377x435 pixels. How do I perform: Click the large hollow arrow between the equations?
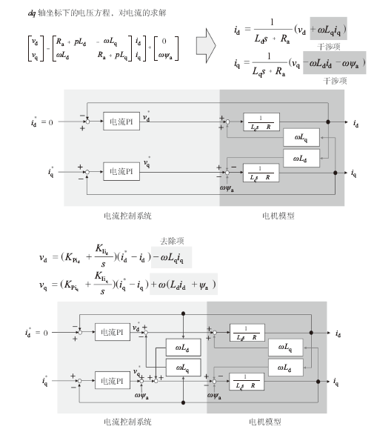tap(206, 46)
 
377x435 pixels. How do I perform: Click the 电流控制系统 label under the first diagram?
tap(127, 216)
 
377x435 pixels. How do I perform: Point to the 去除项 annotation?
tap(171, 240)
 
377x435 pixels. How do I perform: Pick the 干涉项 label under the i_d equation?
tap(324, 46)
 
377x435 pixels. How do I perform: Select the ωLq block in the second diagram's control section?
tap(182, 367)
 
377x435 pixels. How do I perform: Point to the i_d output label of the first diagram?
tap(357, 121)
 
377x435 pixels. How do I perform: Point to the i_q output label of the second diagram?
tap(337, 382)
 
